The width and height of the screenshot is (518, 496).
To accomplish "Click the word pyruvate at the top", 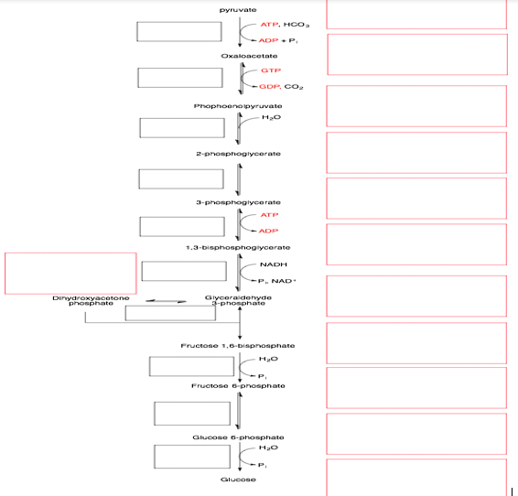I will coord(237,9).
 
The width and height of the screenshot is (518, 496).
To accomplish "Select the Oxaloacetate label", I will coord(237,57).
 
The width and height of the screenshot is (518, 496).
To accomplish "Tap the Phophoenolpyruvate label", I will coord(237,106).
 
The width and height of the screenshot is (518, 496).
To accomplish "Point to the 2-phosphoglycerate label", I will coord(238,154).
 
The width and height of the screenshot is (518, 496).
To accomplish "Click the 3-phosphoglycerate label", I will coord(238,201).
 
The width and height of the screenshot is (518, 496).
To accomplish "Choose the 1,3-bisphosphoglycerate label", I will coord(237,247).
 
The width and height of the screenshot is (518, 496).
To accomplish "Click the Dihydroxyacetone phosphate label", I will coord(91,300).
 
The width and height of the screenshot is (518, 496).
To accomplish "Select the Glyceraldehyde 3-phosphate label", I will coord(238,300).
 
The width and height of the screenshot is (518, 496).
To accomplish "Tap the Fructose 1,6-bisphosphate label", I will coord(238,345).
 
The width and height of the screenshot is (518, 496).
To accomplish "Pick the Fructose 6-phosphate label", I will coord(238,386).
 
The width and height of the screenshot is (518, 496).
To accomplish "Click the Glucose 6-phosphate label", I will coord(238,437).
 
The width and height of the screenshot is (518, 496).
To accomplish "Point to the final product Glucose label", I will coord(238,480).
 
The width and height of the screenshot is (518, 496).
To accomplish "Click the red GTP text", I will coord(270,70).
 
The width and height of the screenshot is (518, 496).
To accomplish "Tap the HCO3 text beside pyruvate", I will coord(297,24).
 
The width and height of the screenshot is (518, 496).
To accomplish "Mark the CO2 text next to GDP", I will coord(294,87).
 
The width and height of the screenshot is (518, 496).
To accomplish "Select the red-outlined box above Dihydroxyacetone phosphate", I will coord(70,273).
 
